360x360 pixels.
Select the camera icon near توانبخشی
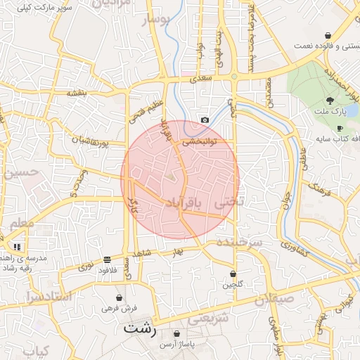[205, 120]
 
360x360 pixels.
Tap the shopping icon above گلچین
[233, 274]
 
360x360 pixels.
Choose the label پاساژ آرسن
[175, 343]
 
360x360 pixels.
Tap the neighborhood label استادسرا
[49, 296]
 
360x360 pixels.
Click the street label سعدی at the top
[202, 80]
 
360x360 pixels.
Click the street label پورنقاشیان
[91, 141]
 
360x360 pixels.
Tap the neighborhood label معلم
[19, 223]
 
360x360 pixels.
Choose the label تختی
[229, 202]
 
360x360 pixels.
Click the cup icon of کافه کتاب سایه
[340, 129]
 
